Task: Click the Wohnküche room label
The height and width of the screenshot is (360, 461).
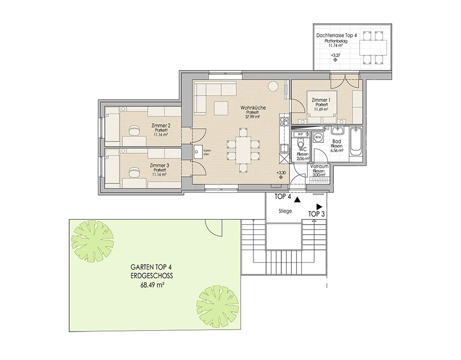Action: click(x=253, y=107)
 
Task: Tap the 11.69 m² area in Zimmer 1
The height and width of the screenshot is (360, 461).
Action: click(x=321, y=109)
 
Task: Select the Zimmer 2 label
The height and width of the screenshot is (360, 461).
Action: click(x=160, y=126)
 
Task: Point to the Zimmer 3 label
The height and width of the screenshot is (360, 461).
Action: click(x=160, y=165)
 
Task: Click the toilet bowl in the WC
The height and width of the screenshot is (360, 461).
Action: click(x=300, y=143)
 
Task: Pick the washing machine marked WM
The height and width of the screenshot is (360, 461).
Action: click(x=318, y=137)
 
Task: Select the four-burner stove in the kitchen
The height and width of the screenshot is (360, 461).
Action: click(x=284, y=121)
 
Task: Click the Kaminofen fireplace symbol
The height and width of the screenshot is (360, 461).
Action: click(x=197, y=152)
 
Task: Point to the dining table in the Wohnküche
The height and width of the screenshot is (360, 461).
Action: click(x=243, y=149)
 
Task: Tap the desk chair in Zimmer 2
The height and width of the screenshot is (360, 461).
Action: click(x=134, y=130)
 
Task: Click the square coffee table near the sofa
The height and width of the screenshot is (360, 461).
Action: click(x=221, y=108)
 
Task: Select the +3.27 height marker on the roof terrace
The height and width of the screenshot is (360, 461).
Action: click(x=335, y=55)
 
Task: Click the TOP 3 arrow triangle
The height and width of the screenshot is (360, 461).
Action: click(x=319, y=207)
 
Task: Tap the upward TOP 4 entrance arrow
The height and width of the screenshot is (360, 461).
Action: click(x=297, y=200)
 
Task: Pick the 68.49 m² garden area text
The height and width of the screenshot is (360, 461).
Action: click(x=152, y=284)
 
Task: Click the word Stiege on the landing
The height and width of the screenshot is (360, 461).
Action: click(x=285, y=211)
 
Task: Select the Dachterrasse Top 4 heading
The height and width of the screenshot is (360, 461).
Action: click(x=337, y=35)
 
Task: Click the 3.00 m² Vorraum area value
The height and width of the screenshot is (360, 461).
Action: click(x=319, y=175)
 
